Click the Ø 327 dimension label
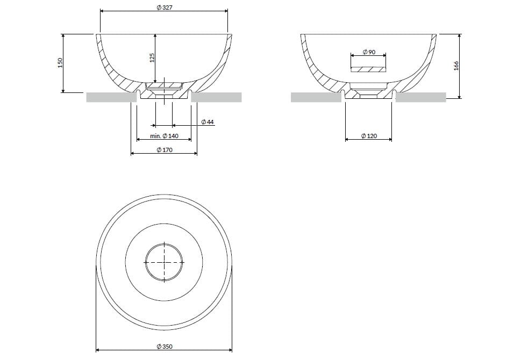163,8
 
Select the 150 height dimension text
60,63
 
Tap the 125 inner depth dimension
152,58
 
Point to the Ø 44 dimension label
207,123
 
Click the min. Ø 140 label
164,136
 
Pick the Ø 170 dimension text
164,150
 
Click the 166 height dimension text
456,66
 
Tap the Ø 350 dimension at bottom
164,347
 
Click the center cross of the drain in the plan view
164,262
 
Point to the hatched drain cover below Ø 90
368,69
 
